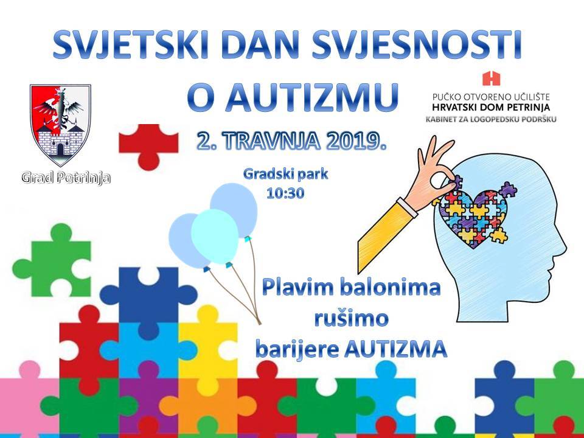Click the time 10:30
(285, 193)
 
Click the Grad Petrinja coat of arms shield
(60, 125)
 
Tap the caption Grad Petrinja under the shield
(66, 178)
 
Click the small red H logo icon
(492, 78)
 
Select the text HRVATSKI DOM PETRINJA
(491, 108)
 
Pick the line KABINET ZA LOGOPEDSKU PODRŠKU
(492, 120)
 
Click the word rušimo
(351, 319)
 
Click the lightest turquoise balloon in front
(215, 237)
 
